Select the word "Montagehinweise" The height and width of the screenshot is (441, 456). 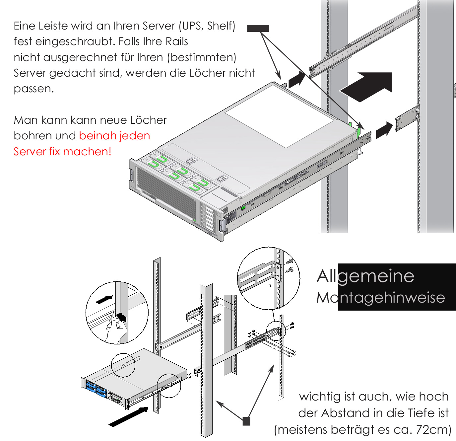[x=380, y=298]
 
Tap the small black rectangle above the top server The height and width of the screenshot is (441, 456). [x=258, y=28]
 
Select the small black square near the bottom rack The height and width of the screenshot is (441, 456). [x=246, y=421]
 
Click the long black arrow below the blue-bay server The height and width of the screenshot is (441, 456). [x=129, y=417]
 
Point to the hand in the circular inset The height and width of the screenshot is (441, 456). [x=114, y=329]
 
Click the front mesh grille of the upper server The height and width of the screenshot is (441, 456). [x=166, y=192]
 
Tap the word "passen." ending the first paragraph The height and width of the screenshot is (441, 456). [x=33, y=89]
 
